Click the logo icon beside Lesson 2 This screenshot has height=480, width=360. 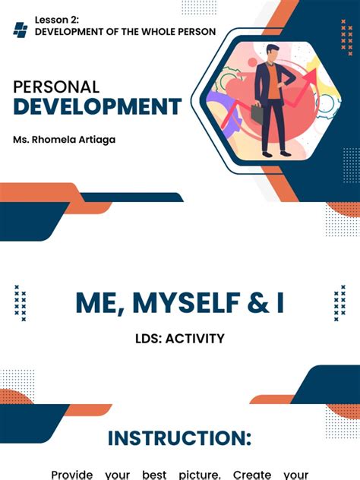(21, 30)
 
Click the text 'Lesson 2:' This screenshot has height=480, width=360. (57, 20)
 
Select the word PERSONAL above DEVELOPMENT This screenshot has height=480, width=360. (55, 87)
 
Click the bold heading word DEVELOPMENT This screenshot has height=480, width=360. (97, 107)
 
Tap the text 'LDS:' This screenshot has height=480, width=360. (149, 339)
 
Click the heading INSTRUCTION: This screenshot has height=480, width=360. (179, 438)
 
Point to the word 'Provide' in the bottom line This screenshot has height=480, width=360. (72, 474)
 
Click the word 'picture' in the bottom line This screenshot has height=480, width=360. (198, 474)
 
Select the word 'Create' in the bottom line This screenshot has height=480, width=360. (252, 474)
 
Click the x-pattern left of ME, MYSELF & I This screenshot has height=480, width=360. (21, 303)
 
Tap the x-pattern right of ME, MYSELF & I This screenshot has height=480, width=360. (339, 303)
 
